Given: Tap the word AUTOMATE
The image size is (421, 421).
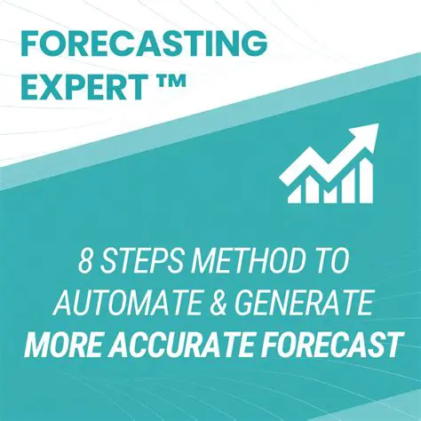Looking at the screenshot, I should coord(128,305).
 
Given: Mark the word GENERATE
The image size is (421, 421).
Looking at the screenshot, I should coord(302,305).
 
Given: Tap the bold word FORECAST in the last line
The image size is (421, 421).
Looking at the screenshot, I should coord(329,346).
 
